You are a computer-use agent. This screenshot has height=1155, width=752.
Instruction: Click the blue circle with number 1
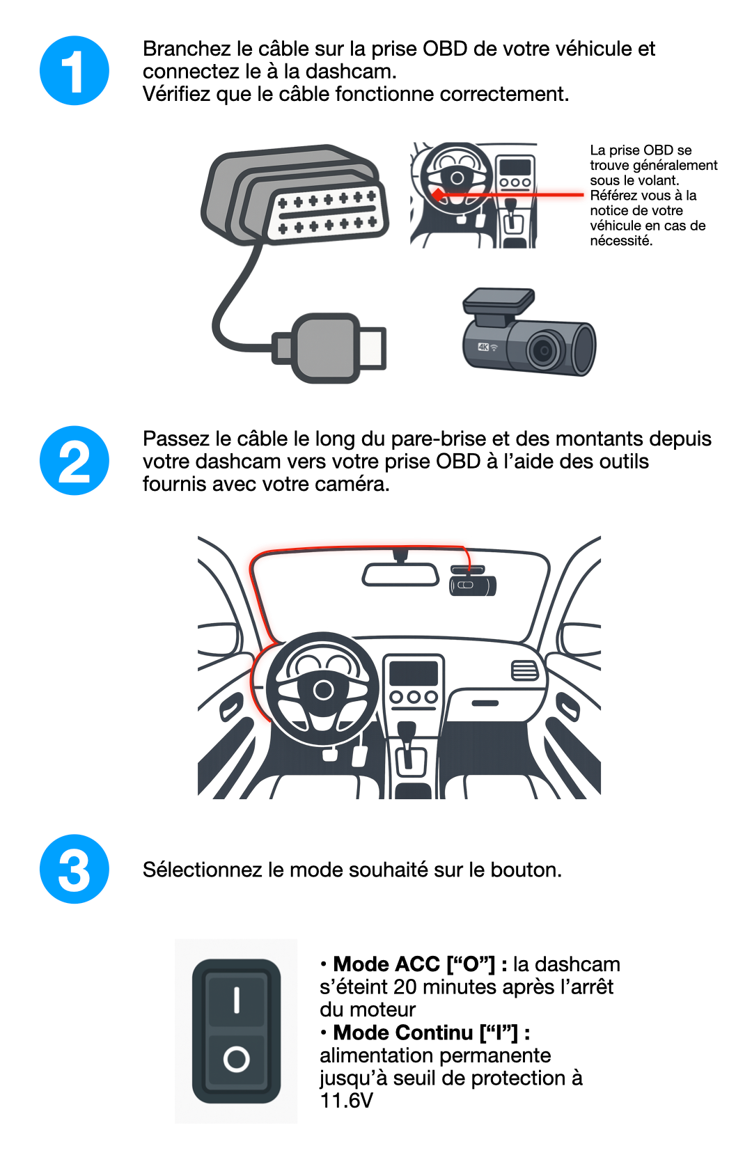(75, 70)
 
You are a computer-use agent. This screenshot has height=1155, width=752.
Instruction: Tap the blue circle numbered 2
(75, 460)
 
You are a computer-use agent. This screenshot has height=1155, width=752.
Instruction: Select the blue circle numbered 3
(75, 869)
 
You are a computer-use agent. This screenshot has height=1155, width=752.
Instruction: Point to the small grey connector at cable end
(329, 347)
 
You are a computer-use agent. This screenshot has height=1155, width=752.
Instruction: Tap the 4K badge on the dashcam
(483, 347)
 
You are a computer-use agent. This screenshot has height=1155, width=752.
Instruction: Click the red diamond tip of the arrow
(438, 195)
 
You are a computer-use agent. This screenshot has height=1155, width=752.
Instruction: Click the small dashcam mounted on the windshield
(472, 581)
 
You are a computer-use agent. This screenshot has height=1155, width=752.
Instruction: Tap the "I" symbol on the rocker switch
(236, 1000)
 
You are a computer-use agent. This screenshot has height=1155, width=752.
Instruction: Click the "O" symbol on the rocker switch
(236, 1059)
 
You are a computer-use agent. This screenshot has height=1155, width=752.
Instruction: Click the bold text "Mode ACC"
(386, 964)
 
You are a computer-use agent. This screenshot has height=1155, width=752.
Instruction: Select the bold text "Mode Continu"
(403, 1032)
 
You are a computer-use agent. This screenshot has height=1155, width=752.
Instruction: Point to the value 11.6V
(346, 1100)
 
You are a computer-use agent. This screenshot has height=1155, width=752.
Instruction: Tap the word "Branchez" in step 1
(187, 49)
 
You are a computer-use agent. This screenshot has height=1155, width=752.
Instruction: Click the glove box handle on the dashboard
(485, 703)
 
